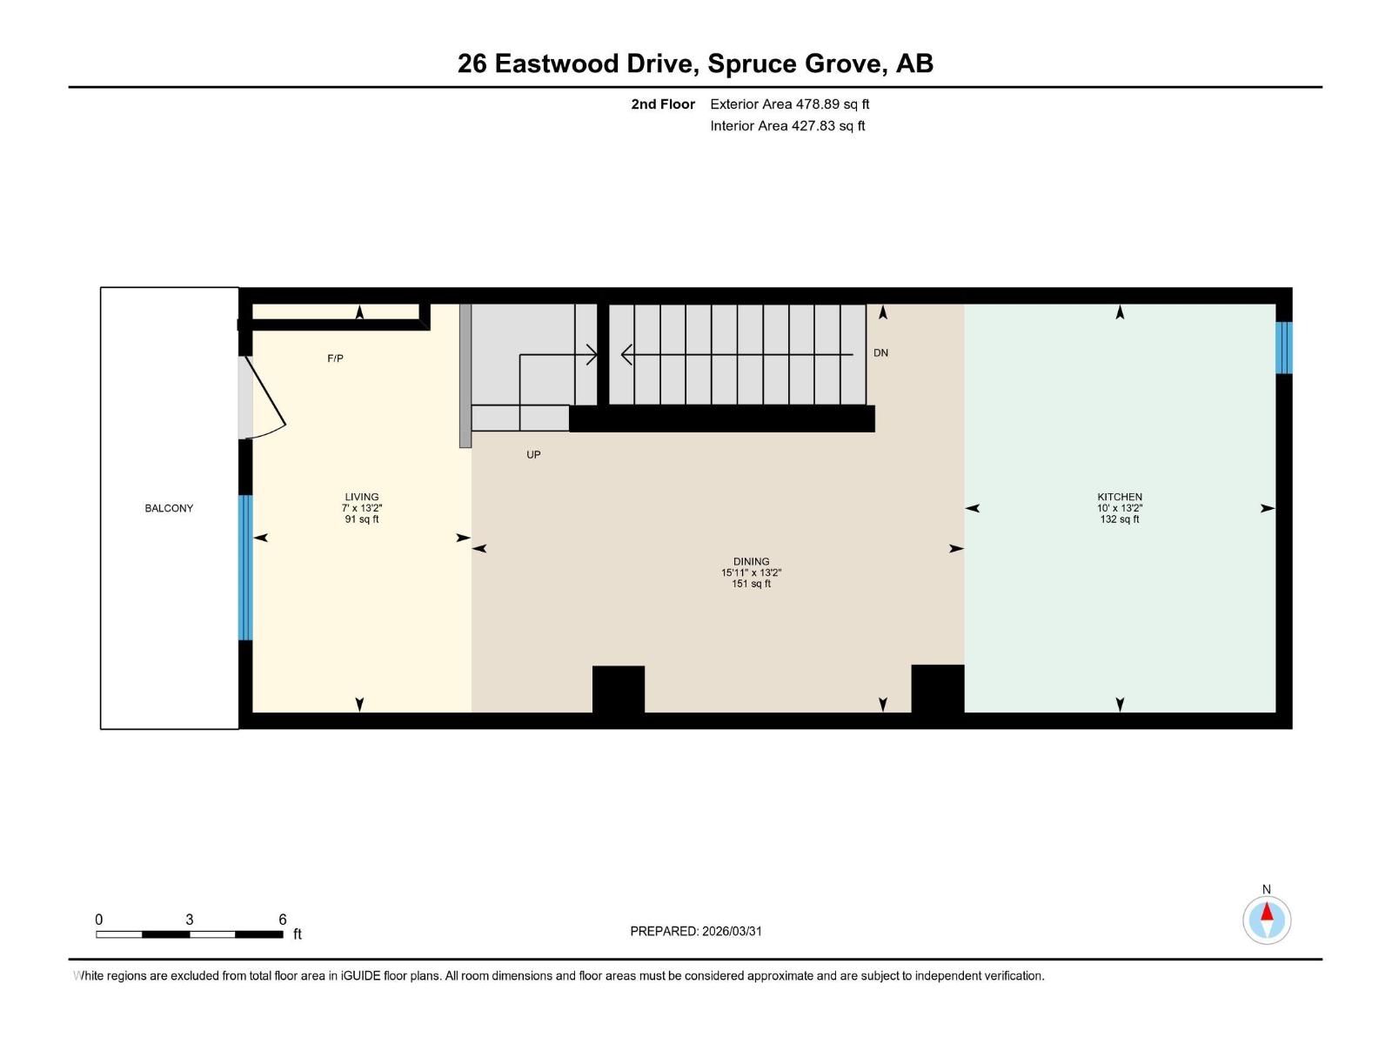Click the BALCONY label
169,508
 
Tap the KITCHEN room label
1119,497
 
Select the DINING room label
751,561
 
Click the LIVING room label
361,497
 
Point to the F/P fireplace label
335,358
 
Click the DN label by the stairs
880,352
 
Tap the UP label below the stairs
533,454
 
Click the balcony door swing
264,399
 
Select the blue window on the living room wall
245,567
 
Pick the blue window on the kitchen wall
1283,347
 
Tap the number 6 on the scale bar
283,920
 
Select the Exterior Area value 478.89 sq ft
833,104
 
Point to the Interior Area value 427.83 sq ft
827,126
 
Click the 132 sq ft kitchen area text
1119,519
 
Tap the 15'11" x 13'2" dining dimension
751,572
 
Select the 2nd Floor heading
663,104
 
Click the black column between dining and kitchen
937,688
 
